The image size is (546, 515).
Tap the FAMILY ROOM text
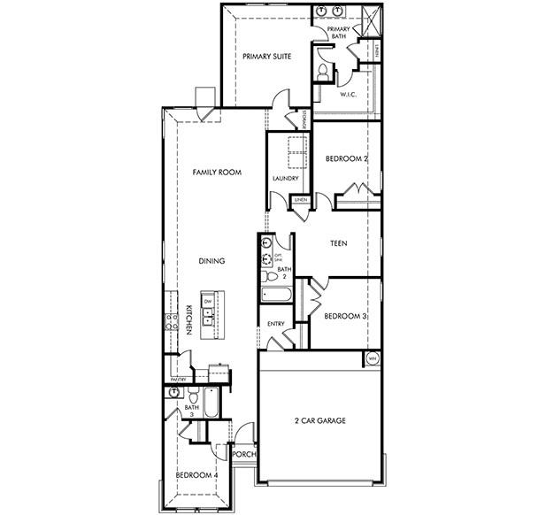click(217, 173)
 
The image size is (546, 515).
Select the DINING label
click(211, 261)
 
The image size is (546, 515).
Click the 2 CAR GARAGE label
click(319, 420)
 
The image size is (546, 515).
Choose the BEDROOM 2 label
click(346, 158)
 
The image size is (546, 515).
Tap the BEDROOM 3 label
click(345, 316)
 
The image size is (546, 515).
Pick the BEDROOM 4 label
click(196, 475)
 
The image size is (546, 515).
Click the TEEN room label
click(337, 242)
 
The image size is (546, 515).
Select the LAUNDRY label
click(286, 178)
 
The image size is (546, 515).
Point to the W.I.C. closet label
click(348, 94)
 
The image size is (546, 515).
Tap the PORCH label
click(243, 455)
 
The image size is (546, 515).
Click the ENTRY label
click(275, 324)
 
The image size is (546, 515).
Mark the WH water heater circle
click(373, 358)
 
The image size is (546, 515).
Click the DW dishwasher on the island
click(207, 302)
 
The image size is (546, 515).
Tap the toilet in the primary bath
click(324, 70)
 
